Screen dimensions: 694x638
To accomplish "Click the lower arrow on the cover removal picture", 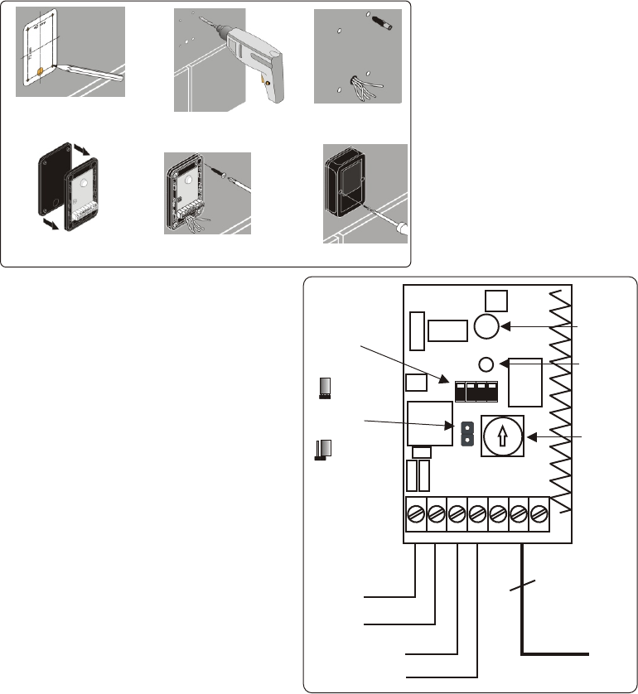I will click(50, 224).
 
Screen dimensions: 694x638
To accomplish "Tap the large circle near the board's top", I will click(486, 327).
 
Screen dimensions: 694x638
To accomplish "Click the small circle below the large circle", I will click(487, 363).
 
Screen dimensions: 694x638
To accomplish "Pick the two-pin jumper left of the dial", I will click(466, 432).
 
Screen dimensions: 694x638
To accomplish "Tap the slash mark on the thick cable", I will click(523, 589).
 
